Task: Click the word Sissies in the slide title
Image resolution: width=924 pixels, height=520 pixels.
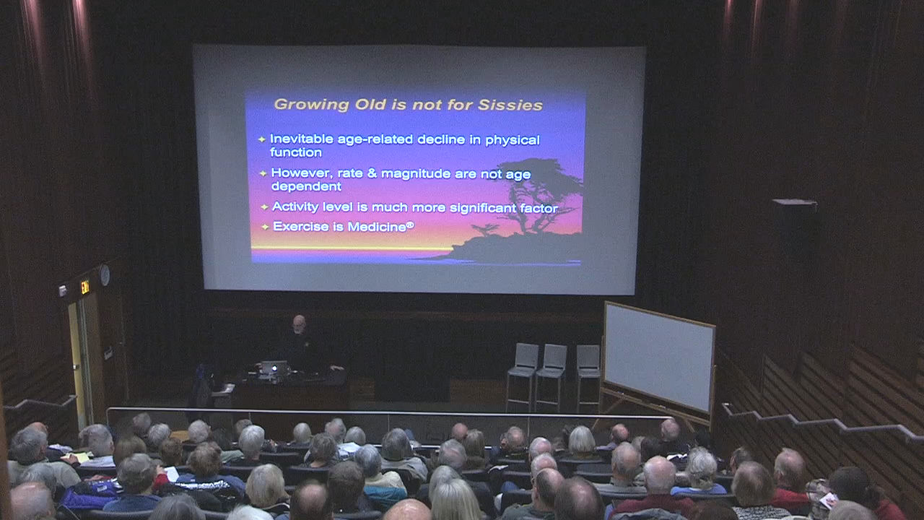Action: [x=510, y=105]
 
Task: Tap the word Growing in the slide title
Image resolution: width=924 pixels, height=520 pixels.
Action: [x=311, y=105]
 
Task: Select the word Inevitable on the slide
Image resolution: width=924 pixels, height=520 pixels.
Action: [x=302, y=139]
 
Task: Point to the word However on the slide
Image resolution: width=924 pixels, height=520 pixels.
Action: [x=302, y=173]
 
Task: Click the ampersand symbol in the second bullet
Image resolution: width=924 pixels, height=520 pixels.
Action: [x=372, y=173]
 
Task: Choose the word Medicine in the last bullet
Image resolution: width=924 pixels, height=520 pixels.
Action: [x=377, y=227]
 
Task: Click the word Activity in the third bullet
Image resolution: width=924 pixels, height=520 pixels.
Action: [x=295, y=207]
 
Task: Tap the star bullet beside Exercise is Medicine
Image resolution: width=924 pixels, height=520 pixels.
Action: [x=265, y=227]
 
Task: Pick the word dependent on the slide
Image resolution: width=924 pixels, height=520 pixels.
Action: [x=306, y=186]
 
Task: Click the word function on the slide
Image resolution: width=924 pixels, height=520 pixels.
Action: [x=296, y=152]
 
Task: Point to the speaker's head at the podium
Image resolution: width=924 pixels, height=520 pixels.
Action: [x=299, y=324]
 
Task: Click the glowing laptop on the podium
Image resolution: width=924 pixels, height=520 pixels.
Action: [x=274, y=368]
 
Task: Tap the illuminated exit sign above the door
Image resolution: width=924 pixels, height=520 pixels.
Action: [x=85, y=287]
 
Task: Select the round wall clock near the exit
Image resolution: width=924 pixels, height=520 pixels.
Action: [x=105, y=275]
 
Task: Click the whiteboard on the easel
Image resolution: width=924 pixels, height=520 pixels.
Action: [x=659, y=357]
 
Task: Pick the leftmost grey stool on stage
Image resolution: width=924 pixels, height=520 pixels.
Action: [x=523, y=376]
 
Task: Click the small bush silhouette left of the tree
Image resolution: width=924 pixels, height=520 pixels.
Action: [x=485, y=229]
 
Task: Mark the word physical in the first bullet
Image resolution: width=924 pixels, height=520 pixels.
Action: [x=513, y=141]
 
